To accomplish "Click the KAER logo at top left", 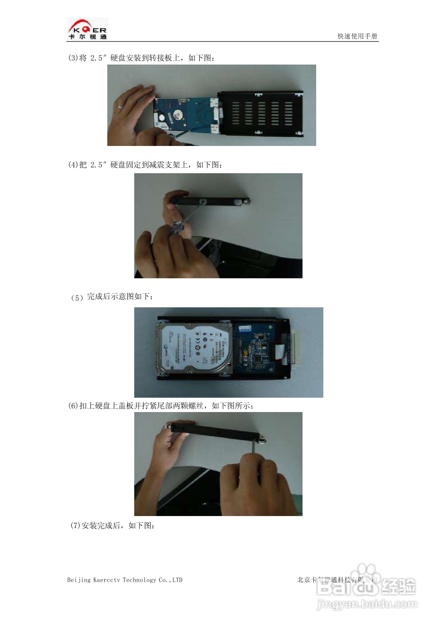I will (x=88, y=29).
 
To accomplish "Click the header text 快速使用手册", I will (x=357, y=36).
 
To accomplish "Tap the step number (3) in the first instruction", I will (x=73, y=58).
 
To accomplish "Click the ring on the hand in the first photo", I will (x=120, y=107).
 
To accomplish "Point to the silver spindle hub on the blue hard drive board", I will (x=177, y=115).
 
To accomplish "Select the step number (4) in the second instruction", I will (x=73, y=165).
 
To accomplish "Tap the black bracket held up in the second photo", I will (x=212, y=202).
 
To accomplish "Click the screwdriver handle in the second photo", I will (x=177, y=228).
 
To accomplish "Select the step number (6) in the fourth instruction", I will (x=73, y=406).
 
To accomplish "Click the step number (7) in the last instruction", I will (x=75, y=526).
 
